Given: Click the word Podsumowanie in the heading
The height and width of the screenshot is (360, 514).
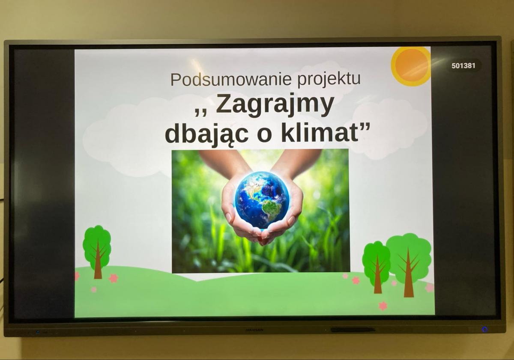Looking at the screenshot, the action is pos(231,79).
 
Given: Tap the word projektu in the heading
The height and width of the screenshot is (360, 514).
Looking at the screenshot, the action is pos(329,80).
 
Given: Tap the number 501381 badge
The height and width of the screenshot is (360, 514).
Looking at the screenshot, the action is pos(463,66).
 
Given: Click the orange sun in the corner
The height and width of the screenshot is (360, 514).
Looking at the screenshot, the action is pos(411,66).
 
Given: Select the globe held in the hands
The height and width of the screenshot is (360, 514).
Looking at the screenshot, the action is pos(262,200).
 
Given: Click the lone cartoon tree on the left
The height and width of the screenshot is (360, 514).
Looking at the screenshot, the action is pos(97,252).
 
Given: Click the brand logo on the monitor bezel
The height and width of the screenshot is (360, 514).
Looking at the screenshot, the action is pos(254,330).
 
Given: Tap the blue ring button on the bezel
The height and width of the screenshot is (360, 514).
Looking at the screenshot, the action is pos(484,330).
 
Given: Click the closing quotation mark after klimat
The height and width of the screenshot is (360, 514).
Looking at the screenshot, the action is pos(365,126).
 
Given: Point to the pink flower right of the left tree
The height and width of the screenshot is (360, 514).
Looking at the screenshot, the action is pos(114,278).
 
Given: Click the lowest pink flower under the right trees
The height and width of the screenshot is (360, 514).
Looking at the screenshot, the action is pos(383,306).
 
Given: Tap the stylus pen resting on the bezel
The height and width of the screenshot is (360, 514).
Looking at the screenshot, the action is pos(353,330).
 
